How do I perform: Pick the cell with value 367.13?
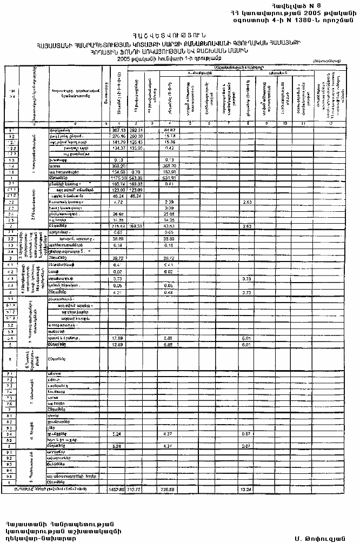point(118,130)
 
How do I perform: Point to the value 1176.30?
point(117,177)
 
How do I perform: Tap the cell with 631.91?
point(171,177)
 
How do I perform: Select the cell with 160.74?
point(118,184)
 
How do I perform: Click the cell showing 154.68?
point(118,172)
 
